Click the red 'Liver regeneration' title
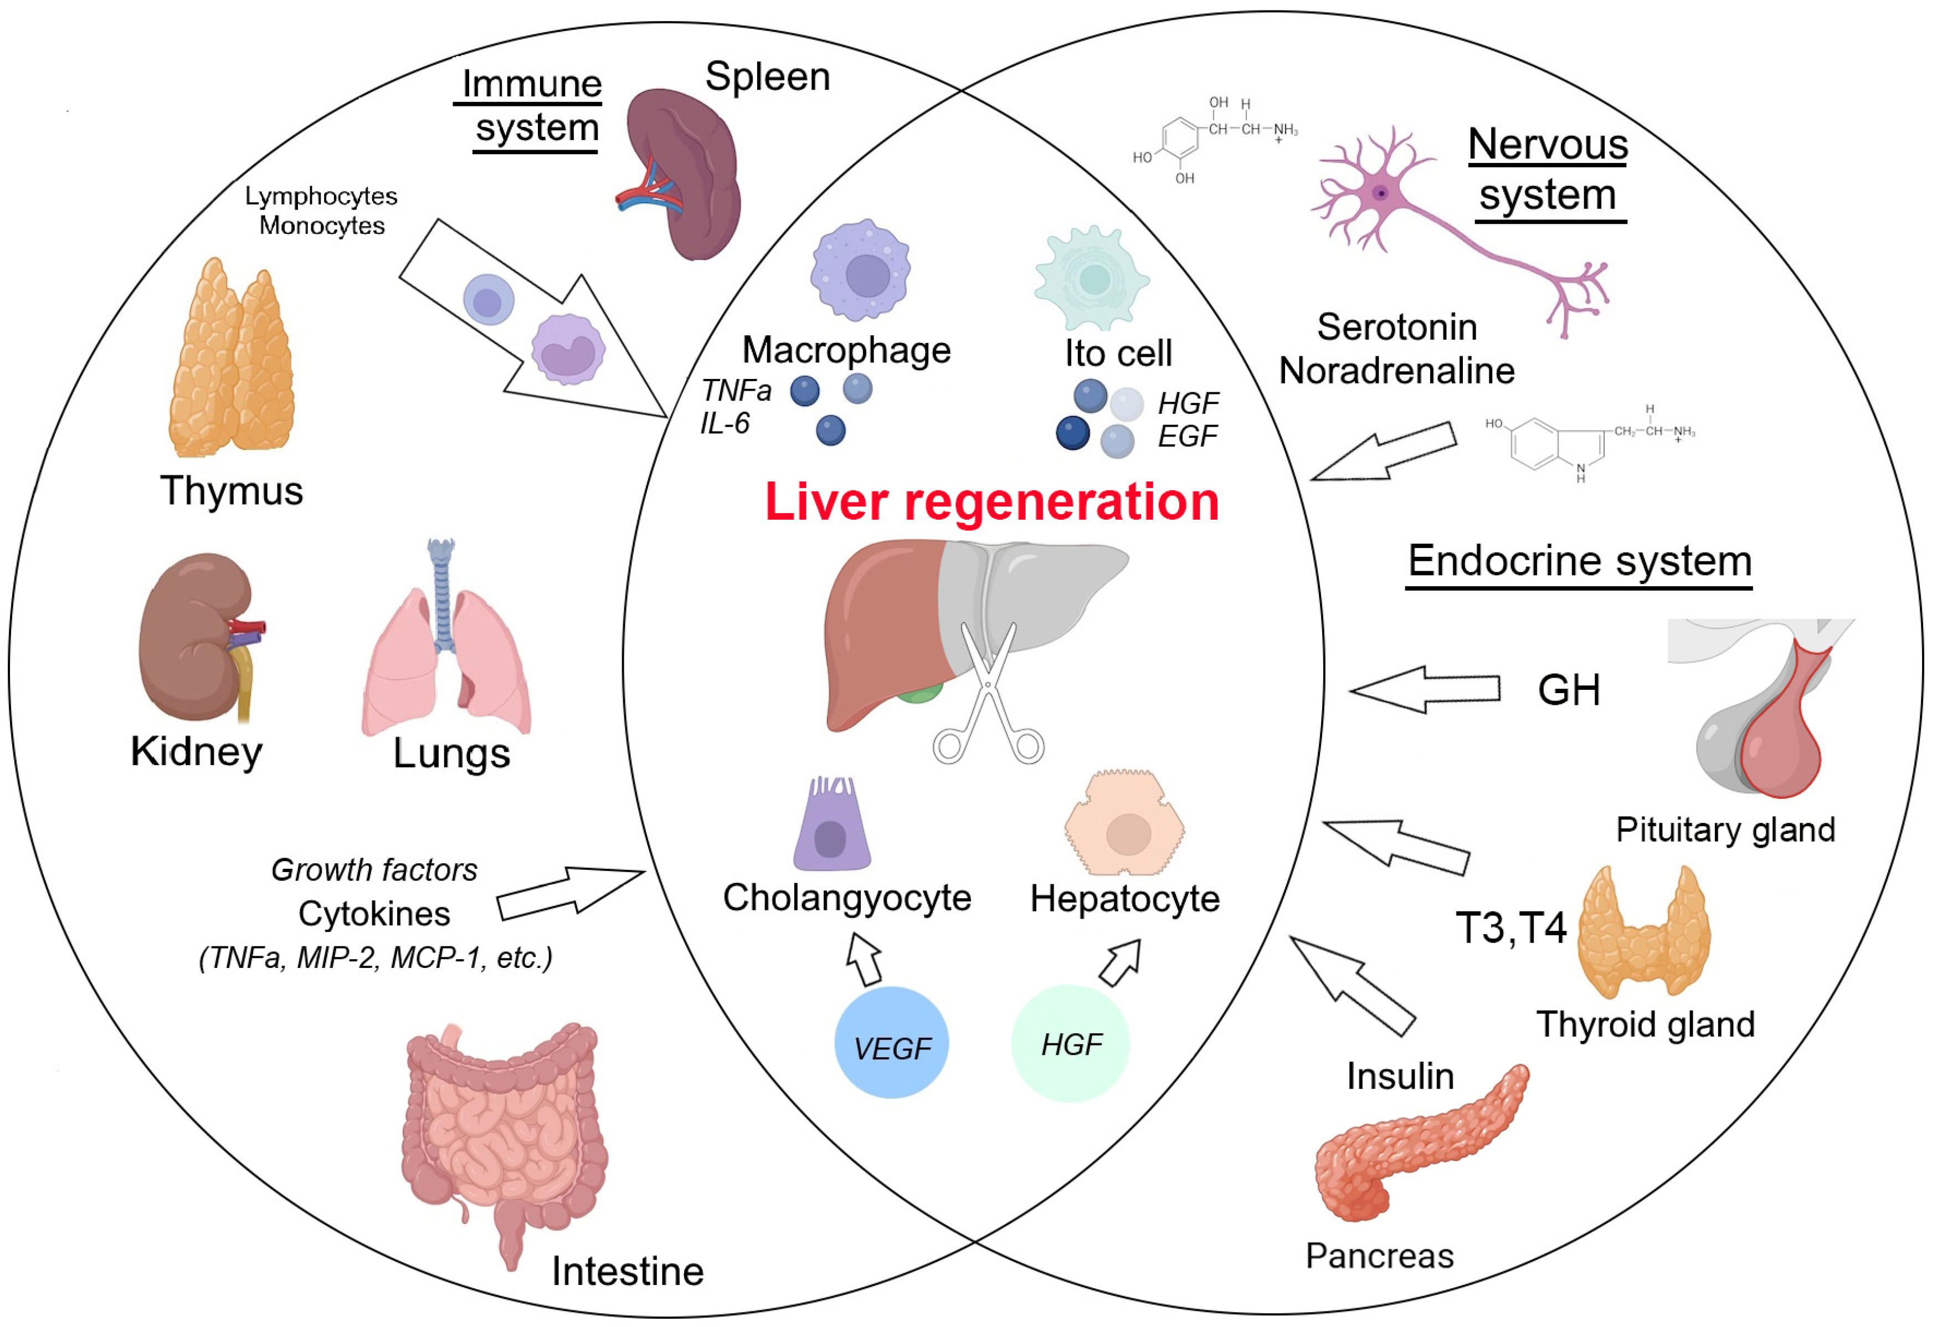pos(992,503)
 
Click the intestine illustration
pos(504,1134)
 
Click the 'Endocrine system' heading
pos(1579,561)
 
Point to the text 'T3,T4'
pos(1511,928)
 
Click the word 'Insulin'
pos(1400,1076)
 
